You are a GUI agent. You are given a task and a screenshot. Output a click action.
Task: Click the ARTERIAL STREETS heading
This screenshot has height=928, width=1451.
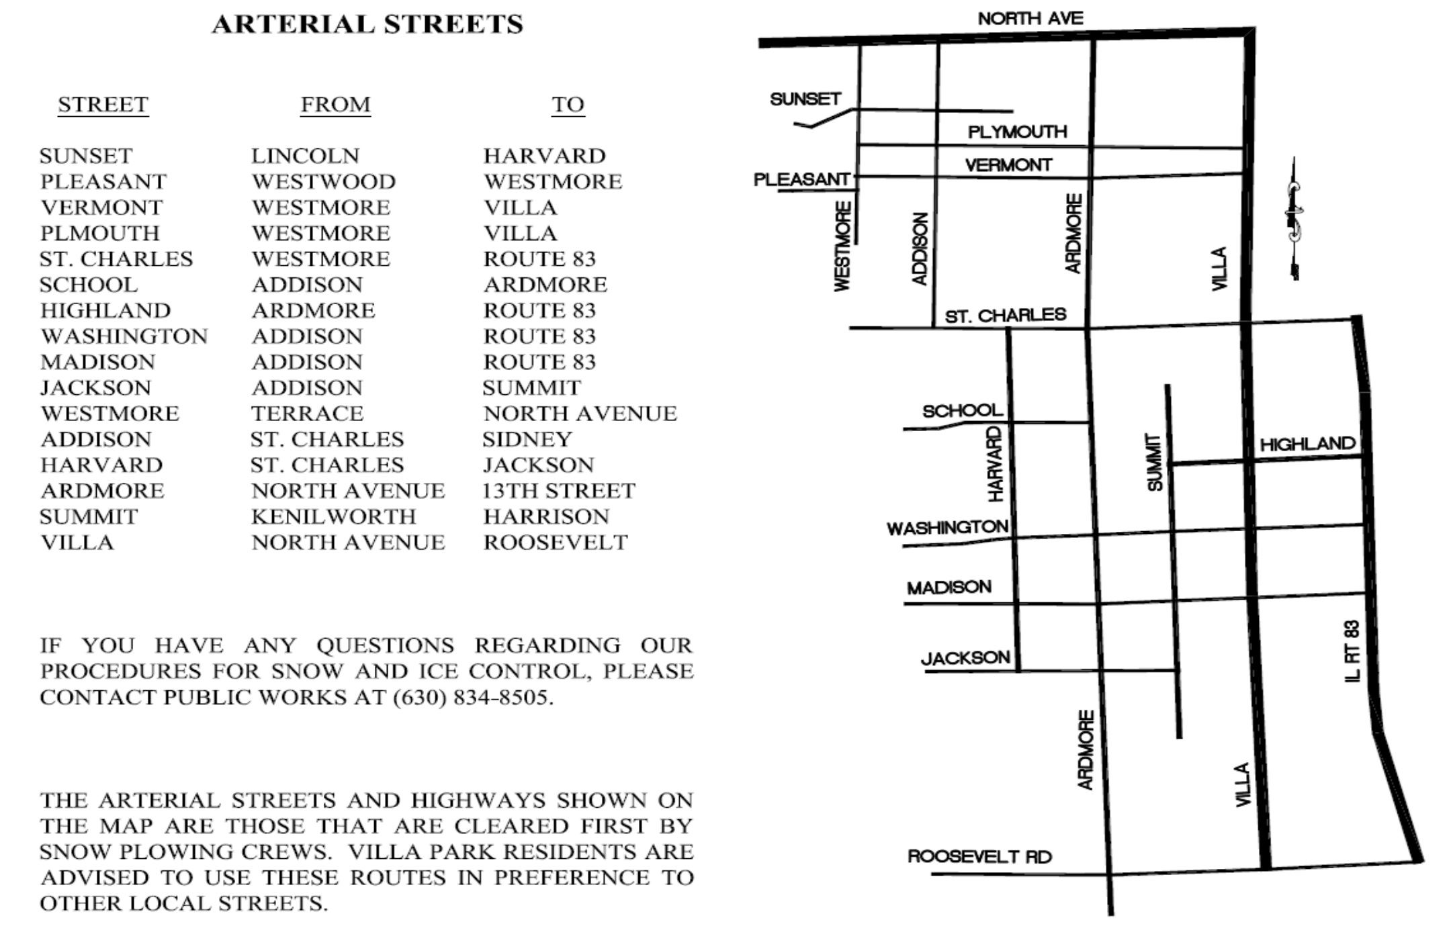[x=367, y=25]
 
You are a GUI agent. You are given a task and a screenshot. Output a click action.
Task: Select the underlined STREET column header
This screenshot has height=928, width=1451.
[x=103, y=105]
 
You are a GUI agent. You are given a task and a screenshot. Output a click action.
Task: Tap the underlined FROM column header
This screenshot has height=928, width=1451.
[x=335, y=105]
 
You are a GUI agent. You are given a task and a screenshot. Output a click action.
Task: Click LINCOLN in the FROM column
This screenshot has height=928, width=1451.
[x=306, y=156]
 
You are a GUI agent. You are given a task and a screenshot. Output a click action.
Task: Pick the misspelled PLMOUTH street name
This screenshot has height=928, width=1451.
[x=100, y=233]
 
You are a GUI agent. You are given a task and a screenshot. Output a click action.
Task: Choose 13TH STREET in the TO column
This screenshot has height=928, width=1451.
[x=558, y=491]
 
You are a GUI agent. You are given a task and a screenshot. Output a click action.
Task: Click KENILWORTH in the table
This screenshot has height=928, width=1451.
[x=334, y=516]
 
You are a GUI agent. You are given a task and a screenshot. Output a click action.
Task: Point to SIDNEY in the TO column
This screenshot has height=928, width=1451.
[x=527, y=439]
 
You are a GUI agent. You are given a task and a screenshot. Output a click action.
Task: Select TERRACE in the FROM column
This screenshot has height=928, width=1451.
[x=308, y=414]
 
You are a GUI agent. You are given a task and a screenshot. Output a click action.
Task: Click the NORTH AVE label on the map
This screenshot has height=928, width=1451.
[x=1030, y=19]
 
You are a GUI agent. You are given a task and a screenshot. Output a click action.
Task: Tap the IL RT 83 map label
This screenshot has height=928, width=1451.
[x=1352, y=651]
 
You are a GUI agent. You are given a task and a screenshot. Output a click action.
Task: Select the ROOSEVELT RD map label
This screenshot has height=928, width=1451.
[x=979, y=857]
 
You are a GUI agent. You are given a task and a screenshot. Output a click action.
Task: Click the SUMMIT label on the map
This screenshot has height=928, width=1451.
[x=1154, y=462]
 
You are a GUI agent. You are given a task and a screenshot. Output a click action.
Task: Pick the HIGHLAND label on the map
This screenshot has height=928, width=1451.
[x=1307, y=444]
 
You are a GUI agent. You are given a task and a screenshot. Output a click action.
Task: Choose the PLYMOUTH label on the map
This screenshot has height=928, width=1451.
[x=1017, y=132]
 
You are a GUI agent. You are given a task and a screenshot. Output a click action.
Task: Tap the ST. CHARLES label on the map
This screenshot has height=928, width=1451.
[x=1005, y=316]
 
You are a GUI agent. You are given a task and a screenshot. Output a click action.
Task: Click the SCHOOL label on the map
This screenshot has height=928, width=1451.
[x=962, y=410]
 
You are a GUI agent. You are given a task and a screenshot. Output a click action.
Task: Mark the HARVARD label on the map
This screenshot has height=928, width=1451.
[x=995, y=464]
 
